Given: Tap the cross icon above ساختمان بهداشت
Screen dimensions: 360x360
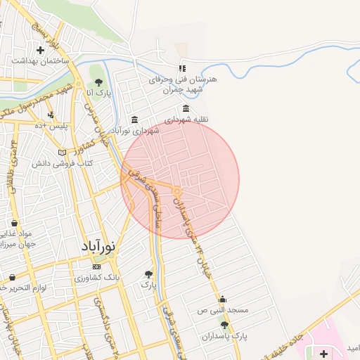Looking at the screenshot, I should click(x=41, y=51).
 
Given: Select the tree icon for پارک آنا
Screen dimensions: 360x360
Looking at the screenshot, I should click(x=98, y=82).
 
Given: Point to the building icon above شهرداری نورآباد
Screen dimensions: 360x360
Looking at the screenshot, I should click(x=134, y=120).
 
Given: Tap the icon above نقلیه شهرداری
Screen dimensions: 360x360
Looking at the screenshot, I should click(x=186, y=108).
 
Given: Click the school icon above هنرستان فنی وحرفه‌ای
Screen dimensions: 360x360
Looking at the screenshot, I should click(x=182, y=68).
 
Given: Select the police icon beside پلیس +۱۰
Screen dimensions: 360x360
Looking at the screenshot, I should click(x=51, y=115).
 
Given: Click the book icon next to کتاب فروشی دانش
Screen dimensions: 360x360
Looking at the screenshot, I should click(x=62, y=153).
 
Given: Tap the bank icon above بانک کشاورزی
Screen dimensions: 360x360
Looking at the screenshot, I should click(x=96, y=266).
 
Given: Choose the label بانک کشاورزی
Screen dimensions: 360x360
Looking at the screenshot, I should click(x=98, y=278).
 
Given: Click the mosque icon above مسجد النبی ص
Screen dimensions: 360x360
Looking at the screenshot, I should click(x=223, y=299).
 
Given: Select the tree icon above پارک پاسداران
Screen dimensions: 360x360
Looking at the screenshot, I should click(x=224, y=324).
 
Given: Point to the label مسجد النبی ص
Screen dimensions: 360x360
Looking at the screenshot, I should click(x=223, y=310).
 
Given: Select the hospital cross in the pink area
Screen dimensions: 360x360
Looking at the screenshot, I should click(x=323, y=352).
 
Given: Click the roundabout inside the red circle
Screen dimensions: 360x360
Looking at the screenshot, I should click(x=178, y=191).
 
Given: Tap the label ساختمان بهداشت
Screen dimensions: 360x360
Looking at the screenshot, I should click(x=40, y=61).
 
